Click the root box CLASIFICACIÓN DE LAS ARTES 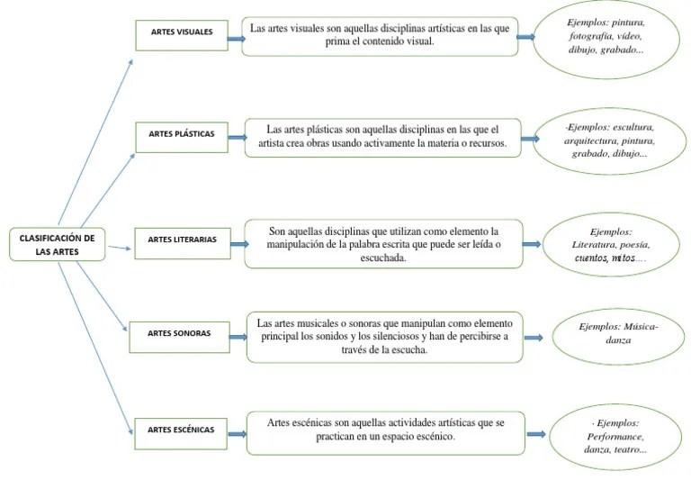[57, 245]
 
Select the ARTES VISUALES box [181, 32]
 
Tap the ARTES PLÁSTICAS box [181, 135]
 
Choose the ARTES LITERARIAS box [181, 240]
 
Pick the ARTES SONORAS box [178, 334]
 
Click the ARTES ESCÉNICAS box [180, 430]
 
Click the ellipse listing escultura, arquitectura [608, 140]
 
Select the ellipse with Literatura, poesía [611, 244]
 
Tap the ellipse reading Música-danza [617, 334]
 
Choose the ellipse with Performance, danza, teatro [615, 436]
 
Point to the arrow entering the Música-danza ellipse [534, 339]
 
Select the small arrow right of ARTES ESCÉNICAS [236, 434]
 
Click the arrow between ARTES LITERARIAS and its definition [237, 242]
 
